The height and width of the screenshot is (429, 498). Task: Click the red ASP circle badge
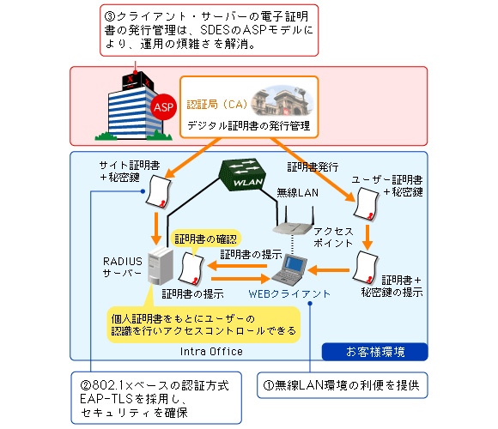[163, 107]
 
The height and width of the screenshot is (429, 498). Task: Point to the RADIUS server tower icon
[161, 266]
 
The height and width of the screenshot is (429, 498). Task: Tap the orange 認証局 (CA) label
[217, 105]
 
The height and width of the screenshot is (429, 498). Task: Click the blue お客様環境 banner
[374, 352]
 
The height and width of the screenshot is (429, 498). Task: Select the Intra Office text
[211, 352]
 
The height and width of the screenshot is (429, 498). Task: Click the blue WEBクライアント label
[289, 293]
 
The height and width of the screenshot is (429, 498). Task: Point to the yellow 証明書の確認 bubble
[206, 239]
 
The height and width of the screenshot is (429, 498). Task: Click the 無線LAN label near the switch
[297, 192]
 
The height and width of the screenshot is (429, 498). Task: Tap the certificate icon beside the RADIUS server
[191, 269]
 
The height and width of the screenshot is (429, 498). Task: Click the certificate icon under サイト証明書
[159, 191]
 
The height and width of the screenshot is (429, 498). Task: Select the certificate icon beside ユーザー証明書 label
[367, 203]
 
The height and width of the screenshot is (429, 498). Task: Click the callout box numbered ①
[342, 385]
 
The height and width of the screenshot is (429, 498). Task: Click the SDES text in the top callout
[215, 30]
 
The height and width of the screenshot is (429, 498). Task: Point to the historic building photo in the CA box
[282, 100]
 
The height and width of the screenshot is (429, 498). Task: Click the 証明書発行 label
[313, 167]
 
